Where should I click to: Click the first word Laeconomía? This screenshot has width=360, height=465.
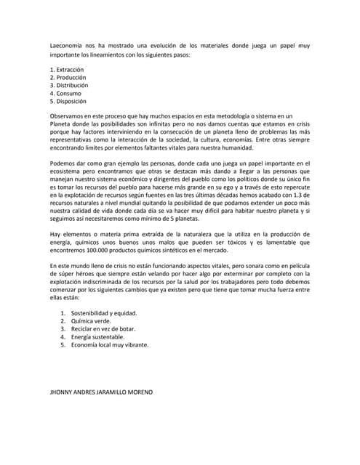coord(68,45)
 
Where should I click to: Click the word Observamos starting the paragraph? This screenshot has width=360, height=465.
coord(72,116)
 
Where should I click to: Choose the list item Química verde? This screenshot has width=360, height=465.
coord(91,320)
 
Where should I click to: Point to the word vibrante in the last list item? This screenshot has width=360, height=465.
coord(132,345)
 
